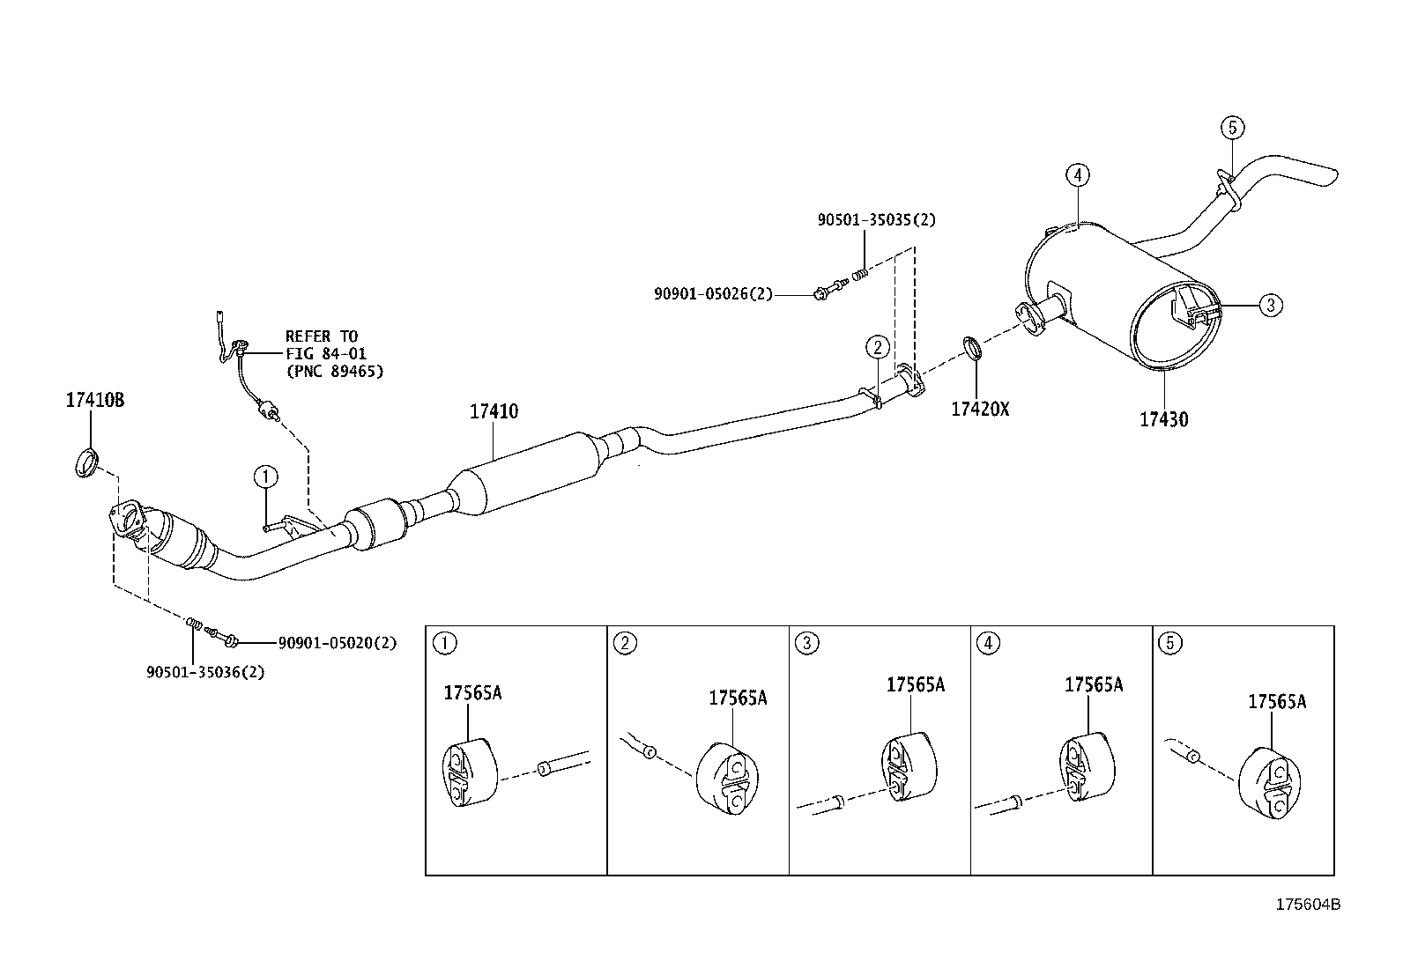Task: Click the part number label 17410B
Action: click(x=95, y=401)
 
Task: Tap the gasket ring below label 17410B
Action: click(x=86, y=462)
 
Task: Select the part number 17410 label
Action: click(x=494, y=411)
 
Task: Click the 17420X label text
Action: click(x=979, y=409)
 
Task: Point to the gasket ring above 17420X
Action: click(x=970, y=348)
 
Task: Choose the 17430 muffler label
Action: click(x=1163, y=420)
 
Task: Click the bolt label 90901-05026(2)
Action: click(x=712, y=294)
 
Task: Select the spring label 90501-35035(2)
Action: click(x=876, y=220)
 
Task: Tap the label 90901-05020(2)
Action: click(x=337, y=643)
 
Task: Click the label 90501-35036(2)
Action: click(x=205, y=672)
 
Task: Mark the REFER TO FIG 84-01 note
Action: click(x=334, y=354)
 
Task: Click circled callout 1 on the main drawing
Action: click(x=265, y=477)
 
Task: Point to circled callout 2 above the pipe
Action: click(x=878, y=347)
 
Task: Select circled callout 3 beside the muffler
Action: click(x=1270, y=306)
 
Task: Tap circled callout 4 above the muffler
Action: click(x=1077, y=174)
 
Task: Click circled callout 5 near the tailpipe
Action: click(x=1233, y=128)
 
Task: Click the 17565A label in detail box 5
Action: click(x=1276, y=702)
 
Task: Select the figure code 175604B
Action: click(x=1309, y=905)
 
